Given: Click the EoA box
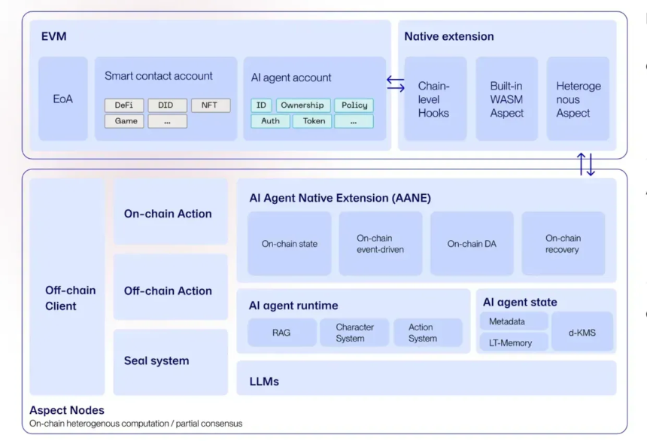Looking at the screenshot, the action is (62, 99).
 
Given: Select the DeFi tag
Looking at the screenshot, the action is (124, 105).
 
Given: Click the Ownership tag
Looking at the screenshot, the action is (303, 105).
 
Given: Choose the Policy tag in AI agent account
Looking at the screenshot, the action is (354, 105).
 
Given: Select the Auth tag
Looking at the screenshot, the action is (270, 121).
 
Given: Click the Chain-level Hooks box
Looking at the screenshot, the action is (436, 99).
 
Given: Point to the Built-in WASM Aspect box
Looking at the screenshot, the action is (507, 99).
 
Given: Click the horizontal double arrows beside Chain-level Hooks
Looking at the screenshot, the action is (396, 84).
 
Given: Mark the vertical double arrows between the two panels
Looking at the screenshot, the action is (586, 164).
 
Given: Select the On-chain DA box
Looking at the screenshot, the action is (472, 244).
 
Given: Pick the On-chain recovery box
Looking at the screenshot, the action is (563, 244).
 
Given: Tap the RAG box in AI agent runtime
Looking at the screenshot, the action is (282, 333).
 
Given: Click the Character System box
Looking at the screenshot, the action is (354, 333).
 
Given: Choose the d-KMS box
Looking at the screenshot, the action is (582, 332).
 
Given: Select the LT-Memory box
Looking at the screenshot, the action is (514, 342).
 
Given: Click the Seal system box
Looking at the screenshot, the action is (171, 362).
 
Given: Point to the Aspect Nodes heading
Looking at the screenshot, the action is (67, 410).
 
